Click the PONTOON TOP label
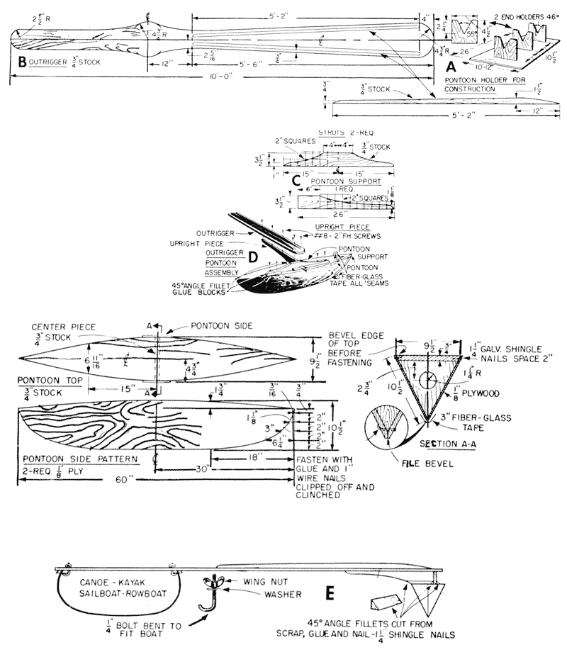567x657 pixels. (x=45, y=381)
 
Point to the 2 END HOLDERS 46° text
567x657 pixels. (x=508, y=14)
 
